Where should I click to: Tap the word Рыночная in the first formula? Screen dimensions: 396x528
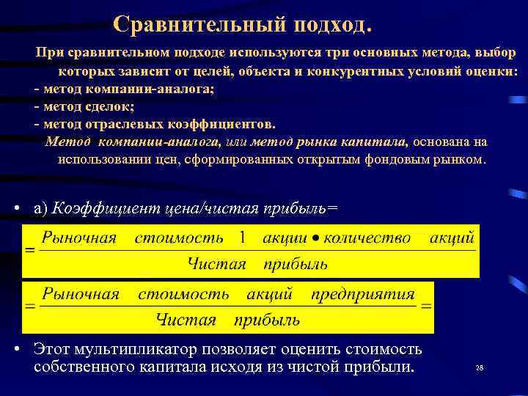79,238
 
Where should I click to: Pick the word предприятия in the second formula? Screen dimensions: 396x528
363,294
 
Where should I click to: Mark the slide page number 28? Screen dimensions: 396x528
480,367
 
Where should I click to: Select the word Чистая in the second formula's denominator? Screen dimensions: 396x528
186,319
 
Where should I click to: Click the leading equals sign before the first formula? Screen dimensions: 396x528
30,251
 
